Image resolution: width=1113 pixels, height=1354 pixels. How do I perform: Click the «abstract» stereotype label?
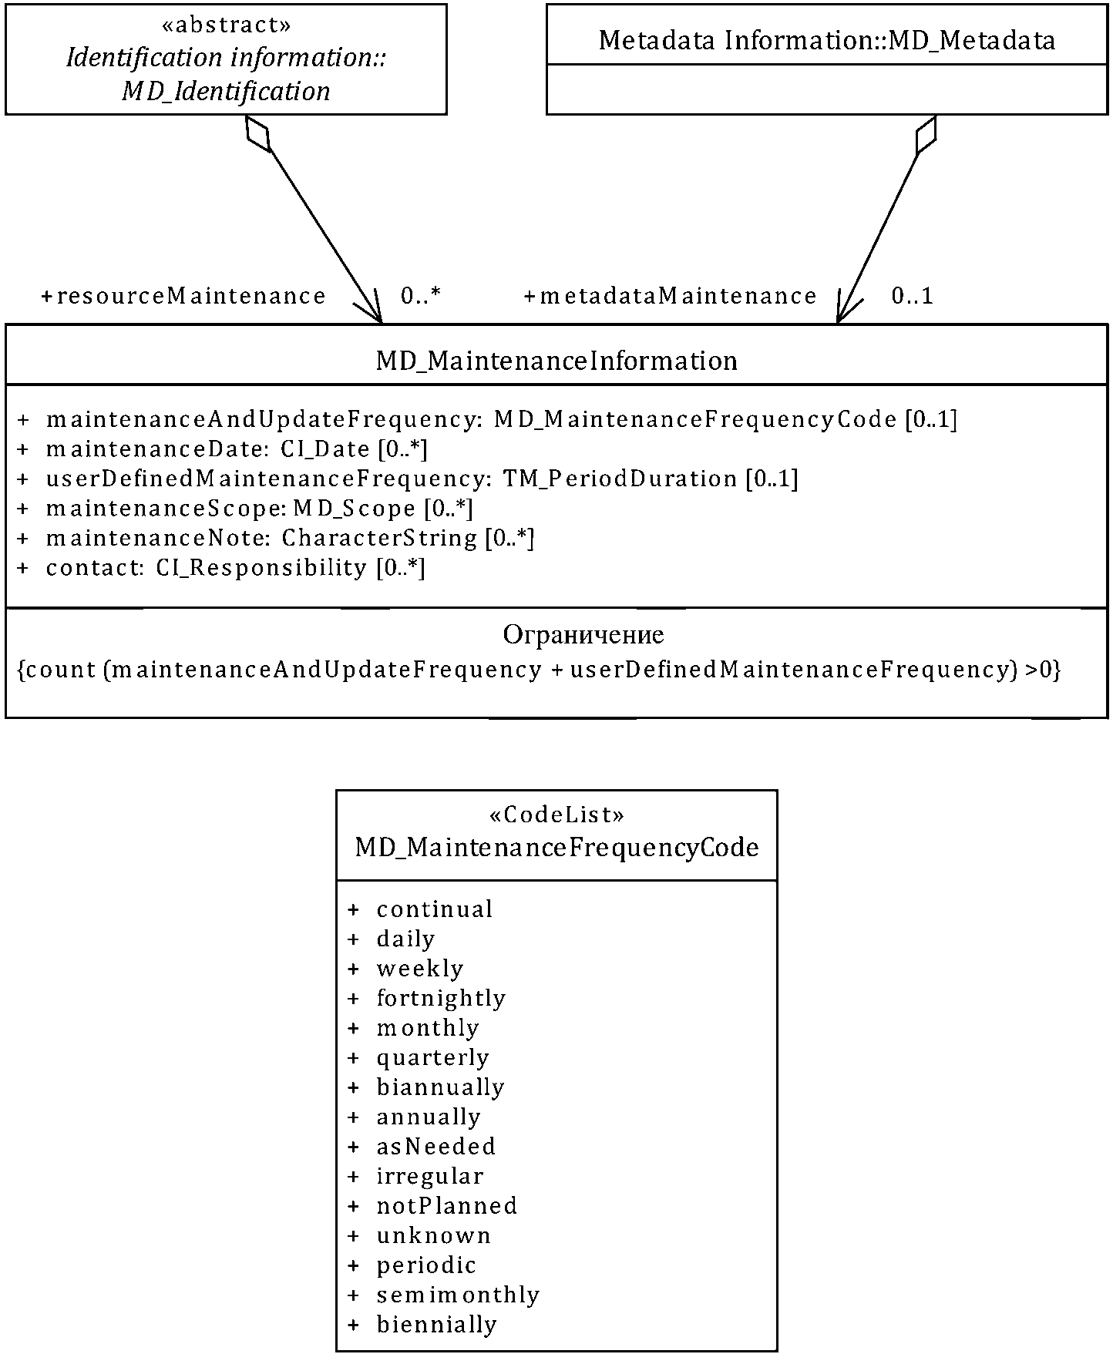[x=227, y=25]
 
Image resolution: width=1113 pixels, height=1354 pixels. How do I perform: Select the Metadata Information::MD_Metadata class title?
[x=826, y=40]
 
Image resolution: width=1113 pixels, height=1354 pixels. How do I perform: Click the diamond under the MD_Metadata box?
[x=925, y=135]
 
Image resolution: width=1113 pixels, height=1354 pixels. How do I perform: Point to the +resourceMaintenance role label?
[x=183, y=296]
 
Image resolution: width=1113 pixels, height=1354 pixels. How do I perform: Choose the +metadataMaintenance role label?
[x=670, y=296]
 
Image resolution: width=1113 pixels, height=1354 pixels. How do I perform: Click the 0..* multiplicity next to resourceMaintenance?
[x=420, y=296]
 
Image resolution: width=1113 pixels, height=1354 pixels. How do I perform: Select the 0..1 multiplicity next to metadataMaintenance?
[x=912, y=296]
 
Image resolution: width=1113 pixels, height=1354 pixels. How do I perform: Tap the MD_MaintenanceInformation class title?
[x=556, y=361]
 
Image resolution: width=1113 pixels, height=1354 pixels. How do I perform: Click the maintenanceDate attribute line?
[x=236, y=449]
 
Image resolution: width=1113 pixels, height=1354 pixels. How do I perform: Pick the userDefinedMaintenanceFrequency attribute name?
[x=267, y=479]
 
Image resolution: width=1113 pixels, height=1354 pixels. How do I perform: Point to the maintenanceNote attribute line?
[x=290, y=538]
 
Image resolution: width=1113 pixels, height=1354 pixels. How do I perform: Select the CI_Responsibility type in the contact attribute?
[x=261, y=568]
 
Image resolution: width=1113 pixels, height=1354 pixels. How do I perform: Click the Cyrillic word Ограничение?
[x=583, y=634]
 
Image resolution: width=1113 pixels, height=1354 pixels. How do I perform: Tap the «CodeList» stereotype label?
[x=556, y=815]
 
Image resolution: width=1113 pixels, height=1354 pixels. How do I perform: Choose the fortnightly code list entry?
[x=440, y=998]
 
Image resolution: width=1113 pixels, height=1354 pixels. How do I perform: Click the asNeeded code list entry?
[x=435, y=1146]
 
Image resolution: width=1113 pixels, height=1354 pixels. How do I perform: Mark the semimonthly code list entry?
[x=458, y=1295]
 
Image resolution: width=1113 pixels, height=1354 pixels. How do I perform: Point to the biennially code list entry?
[x=436, y=1325]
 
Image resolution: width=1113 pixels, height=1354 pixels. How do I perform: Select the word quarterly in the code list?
[x=432, y=1057]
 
